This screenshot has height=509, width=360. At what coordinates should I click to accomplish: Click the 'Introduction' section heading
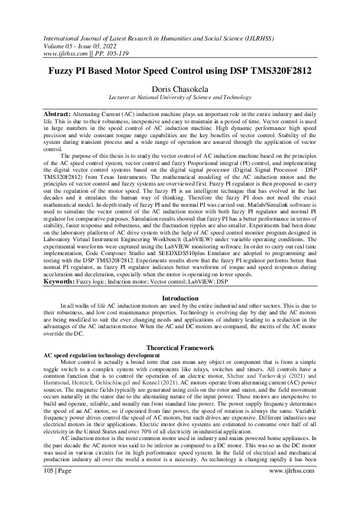[180, 299]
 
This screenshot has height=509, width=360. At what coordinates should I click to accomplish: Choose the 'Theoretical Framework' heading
[180, 348]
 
